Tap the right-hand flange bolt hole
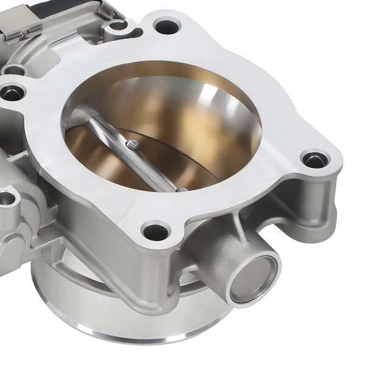click(x=315, y=160)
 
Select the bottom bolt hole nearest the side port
click(x=156, y=231)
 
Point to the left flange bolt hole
click(x=12, y=93)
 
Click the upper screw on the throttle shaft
click(x=133, y=144)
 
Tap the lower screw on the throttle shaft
click(x=181, y=190)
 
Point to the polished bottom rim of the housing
click(x=122, y=332)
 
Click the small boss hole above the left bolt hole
click(x=13, y=69)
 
